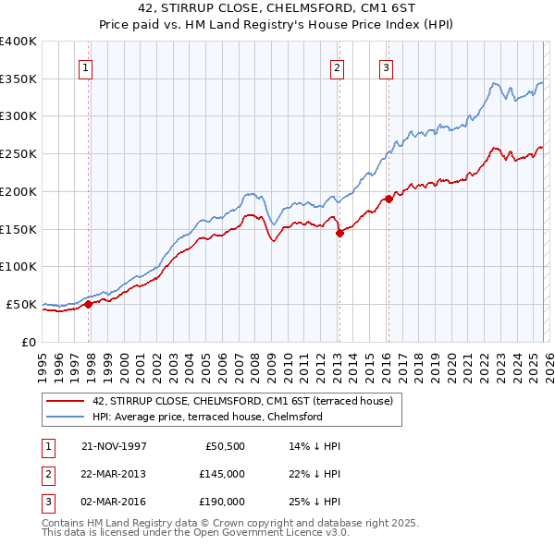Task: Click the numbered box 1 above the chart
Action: point(85,67)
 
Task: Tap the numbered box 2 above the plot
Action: point(337,67)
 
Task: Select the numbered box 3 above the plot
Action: point(385,67)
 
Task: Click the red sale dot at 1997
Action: point(89,303)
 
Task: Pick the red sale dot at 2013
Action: point(339,233)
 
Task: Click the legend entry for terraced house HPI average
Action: point(206,417)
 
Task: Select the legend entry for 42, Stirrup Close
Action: point(242,401)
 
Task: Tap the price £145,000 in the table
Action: point(221,473)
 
